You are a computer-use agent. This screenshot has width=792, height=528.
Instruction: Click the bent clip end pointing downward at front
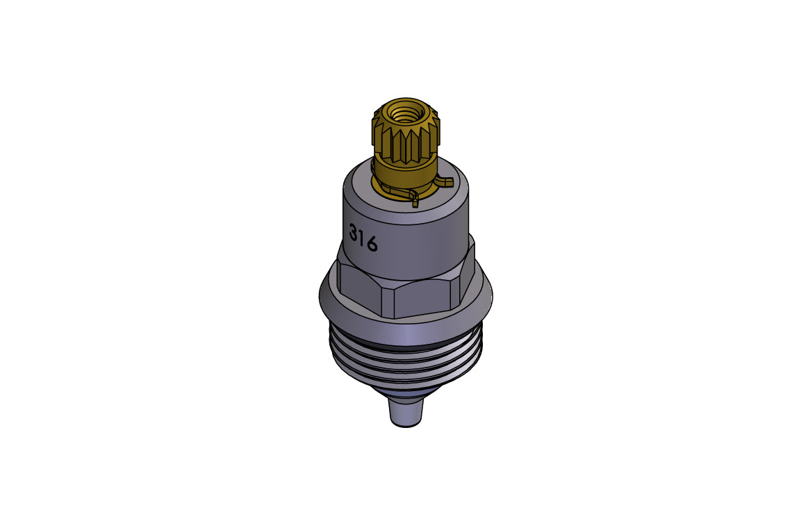(x=415, y=201)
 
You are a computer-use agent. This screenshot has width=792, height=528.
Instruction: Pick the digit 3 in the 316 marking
(x=354, y=233)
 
